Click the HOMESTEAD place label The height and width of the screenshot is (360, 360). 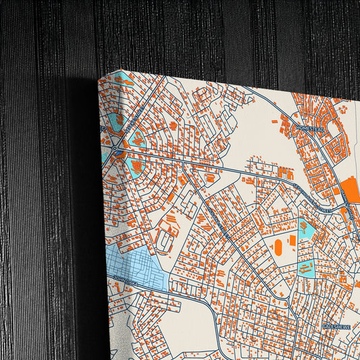(310, 129)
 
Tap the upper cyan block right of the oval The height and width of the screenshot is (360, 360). (306, 229)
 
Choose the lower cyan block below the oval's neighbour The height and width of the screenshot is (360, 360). (306, 268)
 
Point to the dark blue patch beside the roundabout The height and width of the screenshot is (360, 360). (121, 156)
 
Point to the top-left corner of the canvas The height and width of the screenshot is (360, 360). (99, 78)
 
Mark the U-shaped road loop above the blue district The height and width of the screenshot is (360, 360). (163, 236)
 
